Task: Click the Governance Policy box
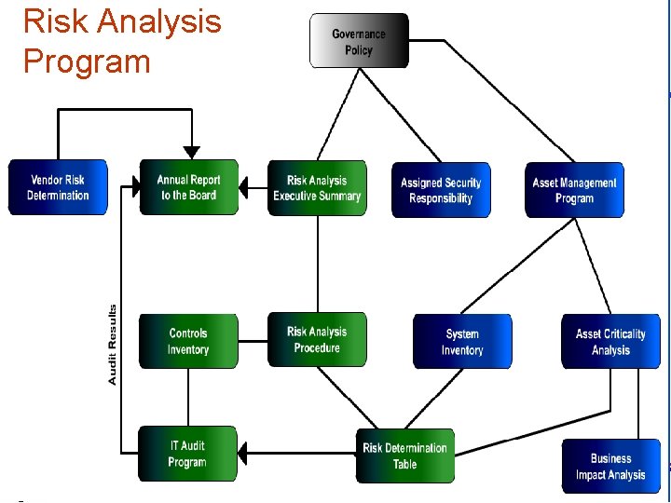click(359, 41)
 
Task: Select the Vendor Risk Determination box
click(58, 187)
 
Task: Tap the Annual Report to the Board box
click(188, 187)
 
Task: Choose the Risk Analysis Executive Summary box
click(317, 187)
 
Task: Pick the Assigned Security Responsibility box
click(441, 190)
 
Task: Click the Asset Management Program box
click(574, 190)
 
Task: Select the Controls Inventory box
click(188, 341)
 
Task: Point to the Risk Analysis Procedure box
click(317, 339)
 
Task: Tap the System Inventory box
click(462, 342)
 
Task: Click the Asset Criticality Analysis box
click(610, 342)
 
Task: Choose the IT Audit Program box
click(187, 454)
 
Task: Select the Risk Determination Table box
click(405, 455)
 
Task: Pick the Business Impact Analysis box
click(610, 466)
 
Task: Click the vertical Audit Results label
click(113, 345)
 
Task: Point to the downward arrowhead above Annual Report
click(191, 152)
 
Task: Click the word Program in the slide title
click(87, 61)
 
